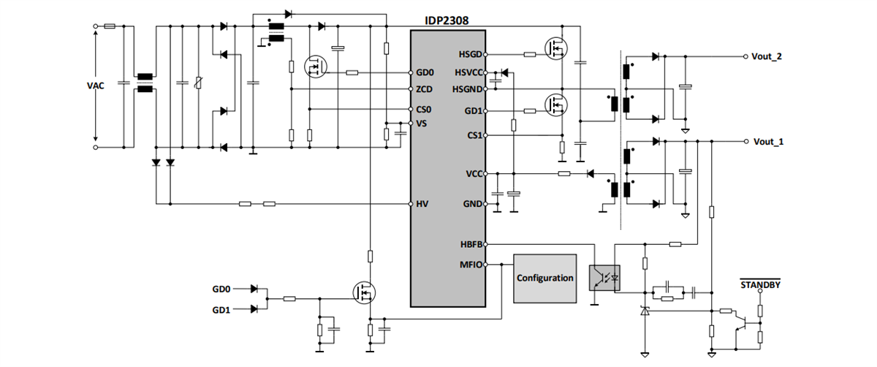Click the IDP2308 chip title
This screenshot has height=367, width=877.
pos(447,22)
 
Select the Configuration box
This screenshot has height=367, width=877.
pos(545,278)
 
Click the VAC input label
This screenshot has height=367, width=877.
pos(95,86)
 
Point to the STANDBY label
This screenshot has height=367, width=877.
pos(760,284)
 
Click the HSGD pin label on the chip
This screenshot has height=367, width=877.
pos(470,55)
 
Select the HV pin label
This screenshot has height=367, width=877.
pos(422,203)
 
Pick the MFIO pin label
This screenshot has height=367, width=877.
pos(470,265)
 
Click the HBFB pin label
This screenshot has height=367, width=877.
pos(470,245)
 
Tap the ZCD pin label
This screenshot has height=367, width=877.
pos(425,89)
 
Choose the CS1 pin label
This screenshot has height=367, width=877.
pos(474,135)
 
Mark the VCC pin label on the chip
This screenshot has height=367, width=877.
pos(473,174)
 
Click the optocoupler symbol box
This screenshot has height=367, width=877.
pos(604,278)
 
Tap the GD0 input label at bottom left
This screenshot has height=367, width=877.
pos(221,290)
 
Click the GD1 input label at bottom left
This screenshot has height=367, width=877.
pos(221,309)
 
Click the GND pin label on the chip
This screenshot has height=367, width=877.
pos(472,203)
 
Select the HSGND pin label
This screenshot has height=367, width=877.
pos(467,89)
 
